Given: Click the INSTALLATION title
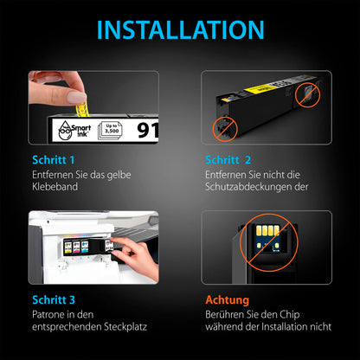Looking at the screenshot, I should (x=179, y=29).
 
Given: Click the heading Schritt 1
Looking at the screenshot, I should (x=48, y=160).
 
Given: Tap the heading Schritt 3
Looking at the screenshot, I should (x=48, y=299).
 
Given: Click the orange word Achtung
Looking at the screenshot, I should (x=228, y=299).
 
